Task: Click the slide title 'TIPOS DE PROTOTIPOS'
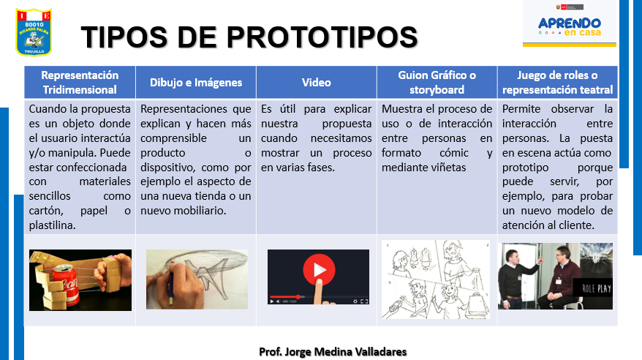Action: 249,37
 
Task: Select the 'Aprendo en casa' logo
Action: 570,28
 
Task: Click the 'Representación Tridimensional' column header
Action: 80,82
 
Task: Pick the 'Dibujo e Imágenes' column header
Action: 196,82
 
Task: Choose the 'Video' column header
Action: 317,82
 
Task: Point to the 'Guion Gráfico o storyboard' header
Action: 437,82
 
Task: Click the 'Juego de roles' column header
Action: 557,82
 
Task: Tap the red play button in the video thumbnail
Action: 318,270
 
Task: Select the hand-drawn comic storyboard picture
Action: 436,279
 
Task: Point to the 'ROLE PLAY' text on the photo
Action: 593,288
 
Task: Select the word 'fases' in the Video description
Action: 319,167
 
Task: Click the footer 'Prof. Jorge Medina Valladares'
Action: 333,351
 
